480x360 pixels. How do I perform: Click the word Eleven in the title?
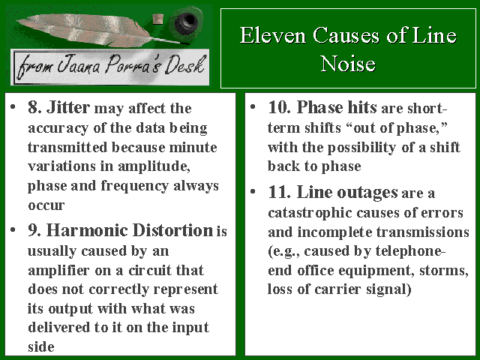tap(273, 35)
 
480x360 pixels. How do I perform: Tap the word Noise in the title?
tap(348, 64)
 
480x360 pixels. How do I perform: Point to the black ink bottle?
tap(186, 21)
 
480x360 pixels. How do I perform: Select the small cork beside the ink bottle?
tap(157, 19)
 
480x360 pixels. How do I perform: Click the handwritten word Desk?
tap(184, 65)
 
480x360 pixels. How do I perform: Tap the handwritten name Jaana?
tap(79, 64)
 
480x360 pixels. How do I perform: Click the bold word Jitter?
tap(68, 108)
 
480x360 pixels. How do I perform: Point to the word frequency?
tap(135, 187)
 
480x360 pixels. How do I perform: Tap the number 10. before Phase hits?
tap(279, 108)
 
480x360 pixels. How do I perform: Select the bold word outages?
tap(367, 193)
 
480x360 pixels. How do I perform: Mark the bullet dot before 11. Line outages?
tap(253, 192)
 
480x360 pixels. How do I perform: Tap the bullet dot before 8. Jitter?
tap(13, 106)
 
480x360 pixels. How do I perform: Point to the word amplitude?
tap(154, 166)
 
